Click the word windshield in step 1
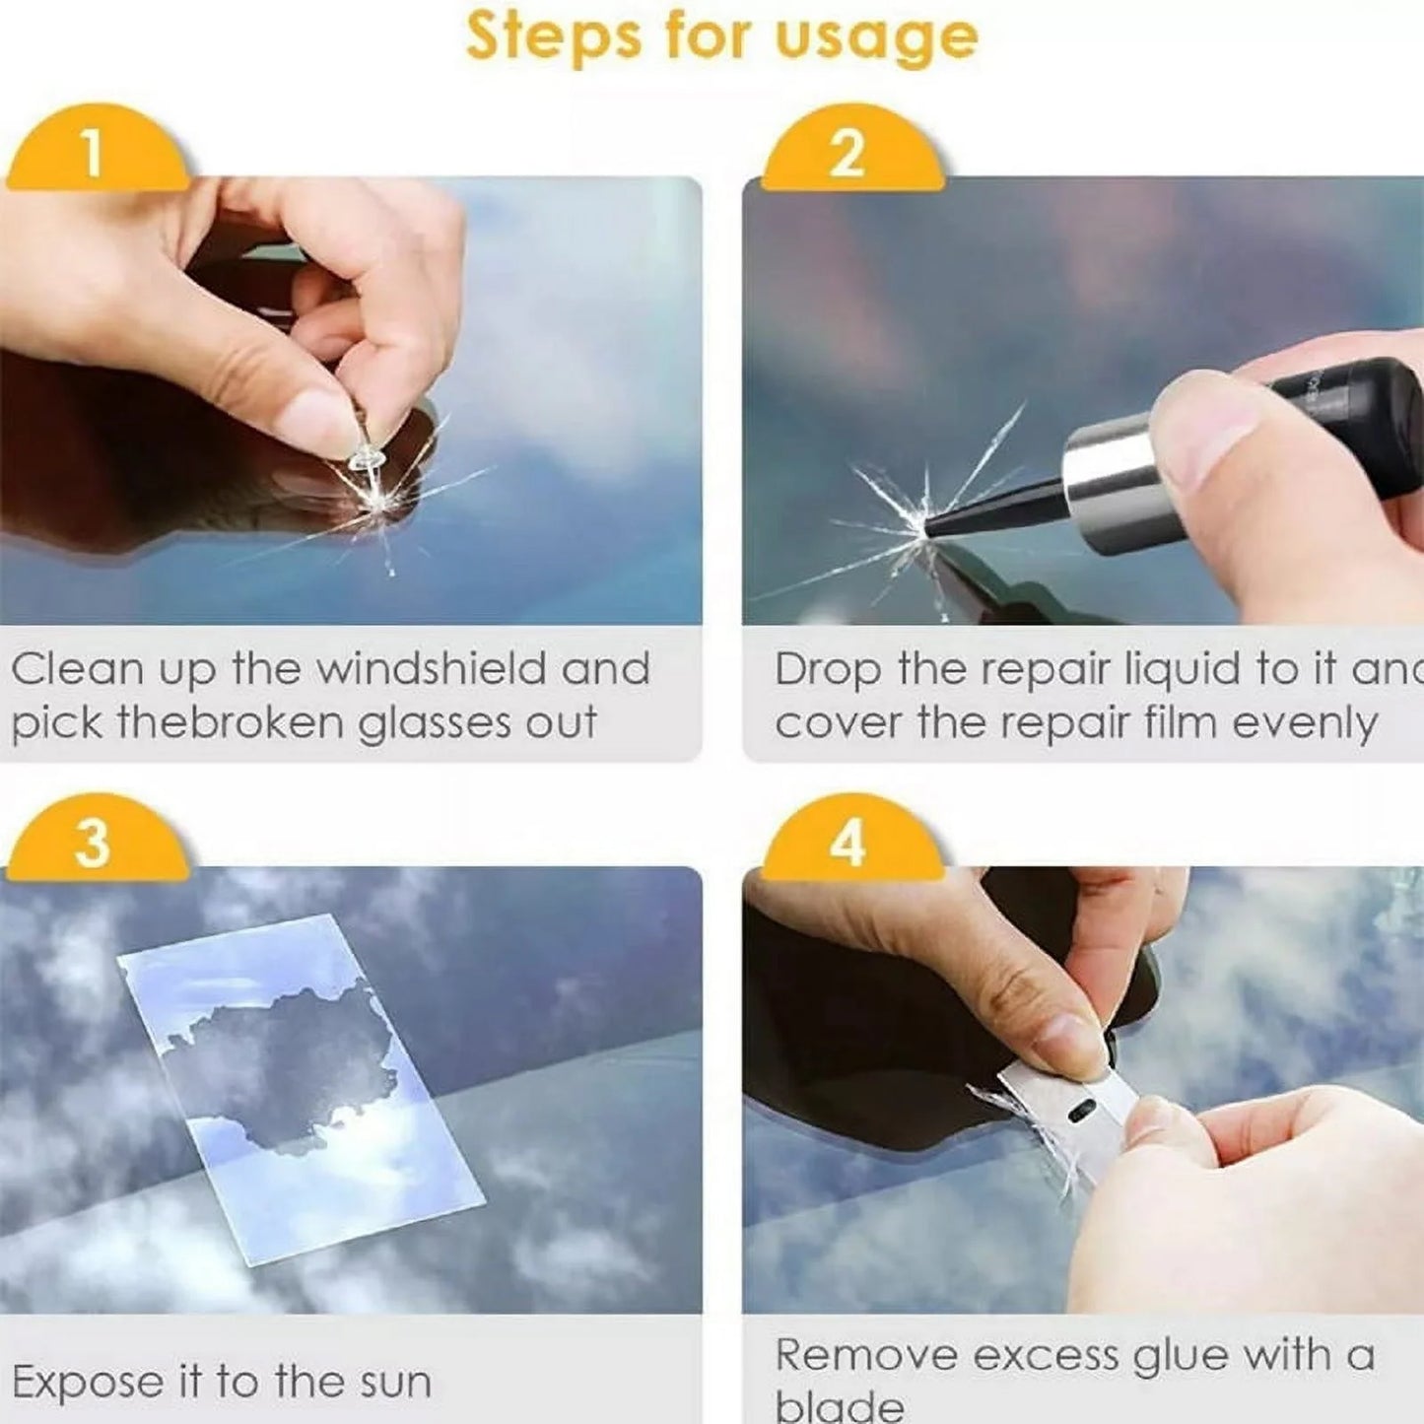pos(431,669)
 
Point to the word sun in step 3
pos(395,1383)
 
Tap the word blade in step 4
pos(839,1406)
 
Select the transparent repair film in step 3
pos(296,1084)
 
